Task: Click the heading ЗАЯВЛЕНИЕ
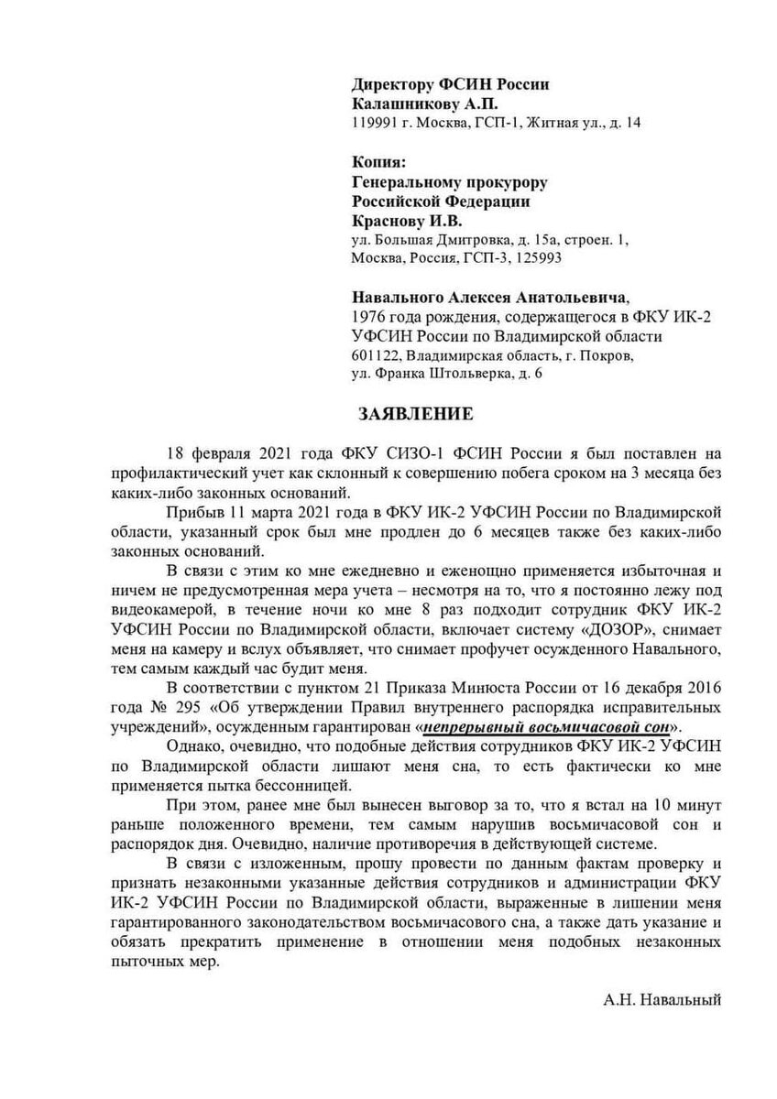coord(415,414)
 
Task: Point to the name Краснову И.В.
coord(408,221)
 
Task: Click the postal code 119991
coord(374,123)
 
